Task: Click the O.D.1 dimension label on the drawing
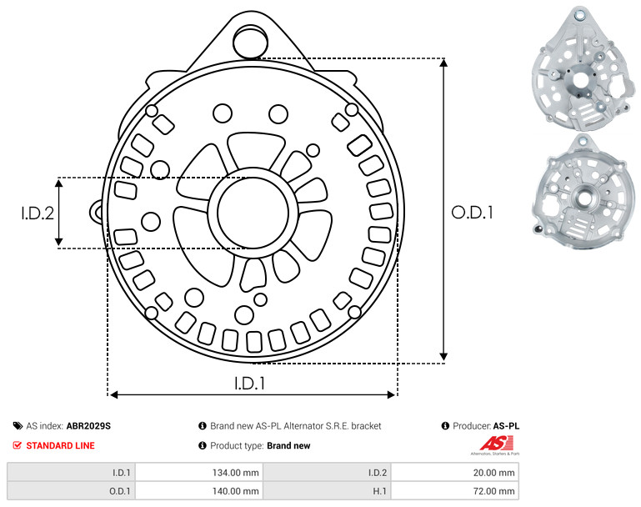pos(472,213)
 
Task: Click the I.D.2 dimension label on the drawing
pos(38,213)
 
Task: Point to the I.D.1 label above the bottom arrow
pos(250,384)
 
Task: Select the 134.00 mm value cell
pos(199,473)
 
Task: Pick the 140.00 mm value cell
pos(199,490)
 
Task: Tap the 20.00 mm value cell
pos(455,473)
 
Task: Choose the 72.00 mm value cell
pos(455,490)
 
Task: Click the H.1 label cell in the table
pos(327,490)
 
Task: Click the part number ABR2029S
pos(88,426)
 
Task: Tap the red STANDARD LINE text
pos(61,445)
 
